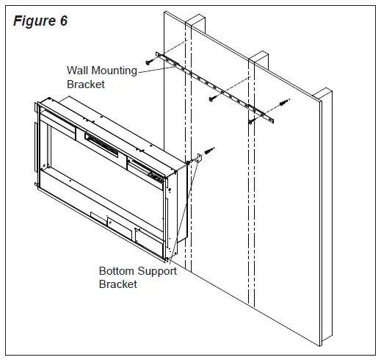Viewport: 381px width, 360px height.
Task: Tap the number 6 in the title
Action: coord(63,21)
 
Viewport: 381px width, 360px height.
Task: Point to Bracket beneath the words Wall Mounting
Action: coord(86,84)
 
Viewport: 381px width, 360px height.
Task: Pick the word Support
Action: coord(157,271)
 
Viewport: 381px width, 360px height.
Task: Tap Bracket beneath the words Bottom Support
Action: coord(118,284)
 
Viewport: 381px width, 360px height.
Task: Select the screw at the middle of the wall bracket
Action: coord(212,96)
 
